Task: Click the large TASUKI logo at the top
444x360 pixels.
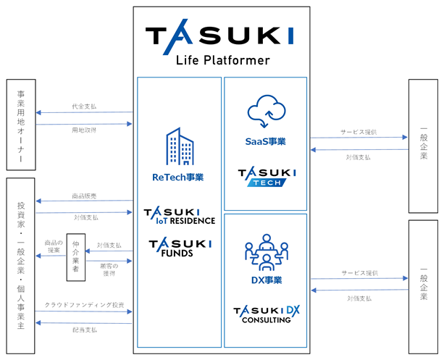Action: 219,37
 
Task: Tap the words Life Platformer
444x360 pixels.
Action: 223,60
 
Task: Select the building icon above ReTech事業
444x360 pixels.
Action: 180,146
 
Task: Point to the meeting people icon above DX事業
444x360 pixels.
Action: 267,252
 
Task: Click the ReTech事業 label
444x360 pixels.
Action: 178,177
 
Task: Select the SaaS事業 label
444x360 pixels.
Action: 265,141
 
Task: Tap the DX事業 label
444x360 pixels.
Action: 267,280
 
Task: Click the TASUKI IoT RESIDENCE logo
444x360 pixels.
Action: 180,217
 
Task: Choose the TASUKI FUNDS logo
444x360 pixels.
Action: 180,248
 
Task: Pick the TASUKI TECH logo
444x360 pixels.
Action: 267,177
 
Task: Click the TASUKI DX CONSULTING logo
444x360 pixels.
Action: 267,314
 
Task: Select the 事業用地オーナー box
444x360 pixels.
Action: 21,125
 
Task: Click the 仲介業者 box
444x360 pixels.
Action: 76,257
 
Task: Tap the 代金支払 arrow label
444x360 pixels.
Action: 84,106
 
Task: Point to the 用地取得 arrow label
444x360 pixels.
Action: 84,130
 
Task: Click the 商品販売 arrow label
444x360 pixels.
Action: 84,196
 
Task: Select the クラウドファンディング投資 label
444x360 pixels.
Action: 85,305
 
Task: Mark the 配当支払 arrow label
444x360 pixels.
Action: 85,330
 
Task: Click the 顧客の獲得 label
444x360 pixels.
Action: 109,269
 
